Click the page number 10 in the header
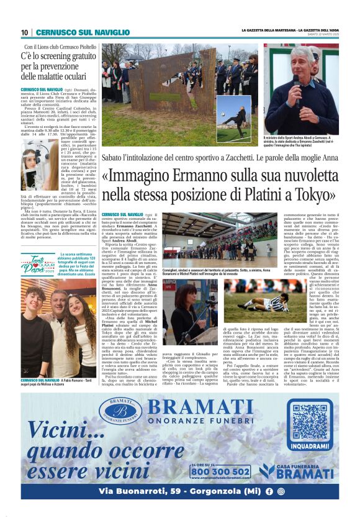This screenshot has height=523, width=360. coord(24,32)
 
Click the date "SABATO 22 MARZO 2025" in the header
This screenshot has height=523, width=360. coord(320,34)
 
